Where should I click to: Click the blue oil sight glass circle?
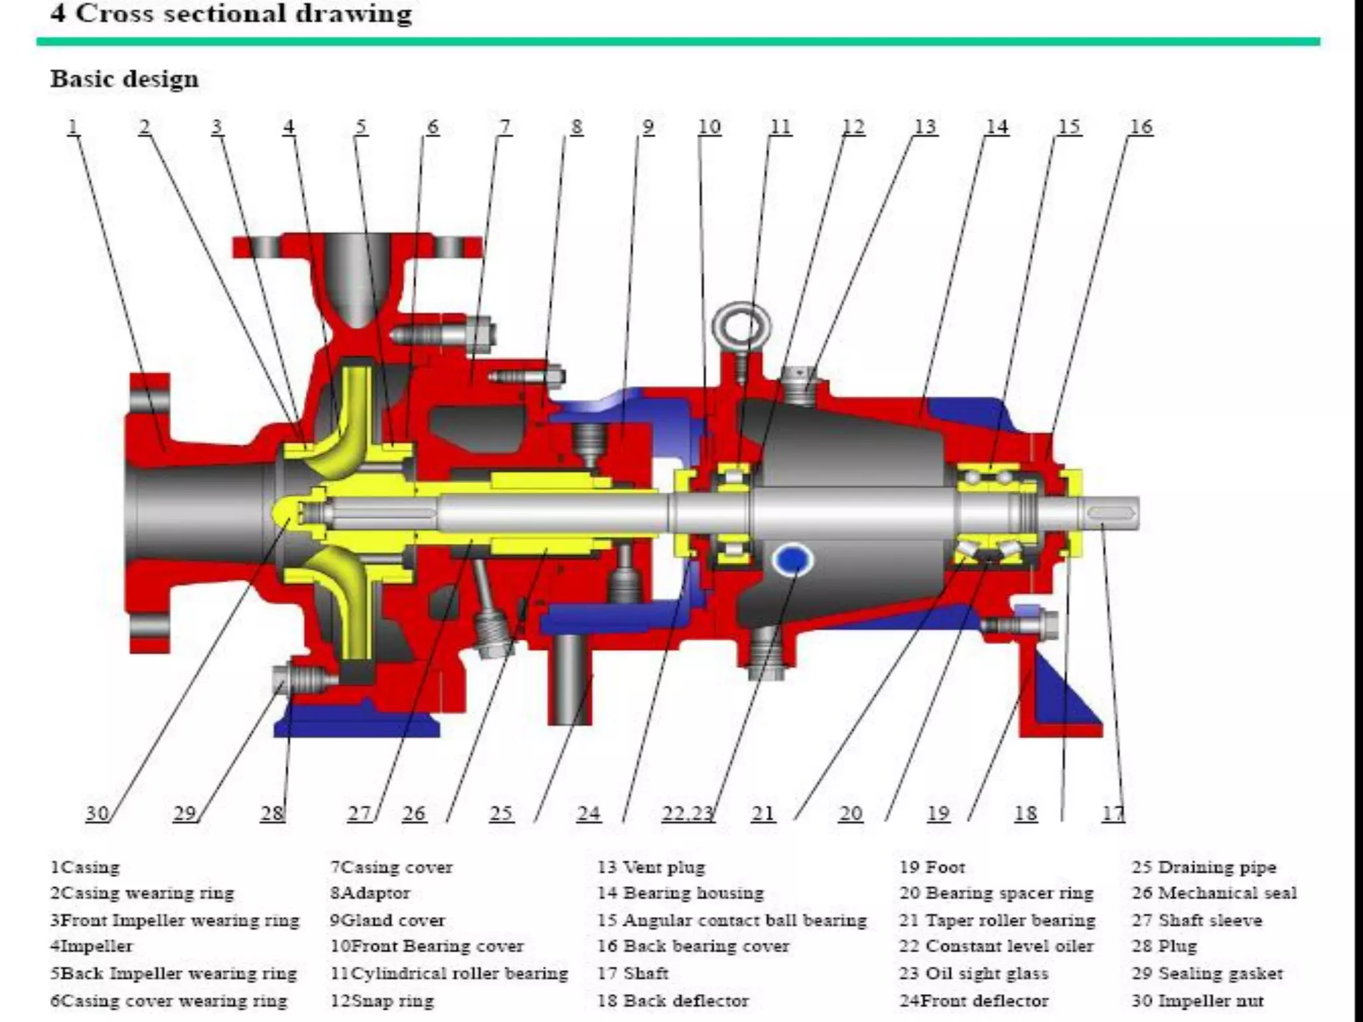pos(792,560)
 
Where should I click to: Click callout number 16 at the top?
pos(1141,126)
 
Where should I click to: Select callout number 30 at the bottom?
pos(97,813)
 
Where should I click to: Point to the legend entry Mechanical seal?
pos(1214,893)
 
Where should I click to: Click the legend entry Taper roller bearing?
pos(997,920)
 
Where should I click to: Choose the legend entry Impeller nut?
pos(1197,1001)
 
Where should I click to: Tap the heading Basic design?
pos(124,79)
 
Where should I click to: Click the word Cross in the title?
pos(114,13)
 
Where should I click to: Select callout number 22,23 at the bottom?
pos(687,813)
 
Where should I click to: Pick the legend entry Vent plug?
pos(651,867)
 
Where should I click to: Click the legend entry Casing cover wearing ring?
pos(169,1001)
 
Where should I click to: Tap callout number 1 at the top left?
pos(73,126)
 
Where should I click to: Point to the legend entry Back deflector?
pos(673,1001)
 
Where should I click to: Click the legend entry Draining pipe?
pos(1204,867)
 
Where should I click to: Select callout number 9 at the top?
pos(648,126)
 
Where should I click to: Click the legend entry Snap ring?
pos(382,1001)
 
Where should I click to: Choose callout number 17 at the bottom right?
pos(1113,813)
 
